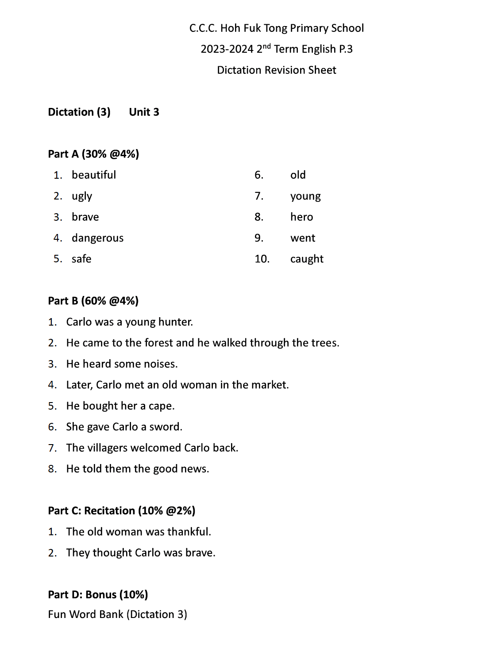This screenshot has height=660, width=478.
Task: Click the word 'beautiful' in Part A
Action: pos(93,175)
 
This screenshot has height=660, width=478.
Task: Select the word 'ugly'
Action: pos(82,196)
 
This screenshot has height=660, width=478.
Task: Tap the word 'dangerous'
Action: pos(97,238)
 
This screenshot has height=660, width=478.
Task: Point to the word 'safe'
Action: pos(81,259)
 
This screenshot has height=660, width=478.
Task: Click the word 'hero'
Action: pos(301,217)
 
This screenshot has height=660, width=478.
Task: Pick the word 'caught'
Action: pos(307,259)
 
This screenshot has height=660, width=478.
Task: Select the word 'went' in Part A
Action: pos(303,238)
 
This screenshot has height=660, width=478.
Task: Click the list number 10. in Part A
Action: pos(262,259)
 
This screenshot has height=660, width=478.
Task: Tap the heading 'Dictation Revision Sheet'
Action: pos(276,70)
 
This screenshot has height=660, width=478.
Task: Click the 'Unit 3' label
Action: pos(144,112)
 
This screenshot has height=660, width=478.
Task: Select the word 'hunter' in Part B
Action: pos(176,322)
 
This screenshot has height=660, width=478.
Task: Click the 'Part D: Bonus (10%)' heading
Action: pos(98,595)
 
